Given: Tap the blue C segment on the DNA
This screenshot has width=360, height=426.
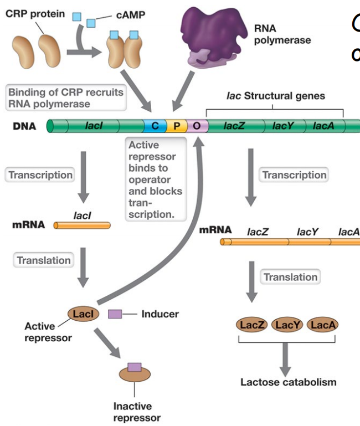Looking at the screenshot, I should [x=155, y=126].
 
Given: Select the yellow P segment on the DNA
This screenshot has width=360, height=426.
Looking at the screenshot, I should [x=177, y=126].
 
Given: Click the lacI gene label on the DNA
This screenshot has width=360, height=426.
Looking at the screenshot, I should [x=94, y=126].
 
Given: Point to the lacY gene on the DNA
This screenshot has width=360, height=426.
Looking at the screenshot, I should [x=284, y=126].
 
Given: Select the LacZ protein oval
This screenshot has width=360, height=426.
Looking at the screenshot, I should [x=250, y=325].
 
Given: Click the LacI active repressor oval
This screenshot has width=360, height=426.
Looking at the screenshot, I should [x=84, y=314].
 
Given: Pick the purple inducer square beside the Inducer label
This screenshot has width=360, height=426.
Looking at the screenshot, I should [x=115, y=314].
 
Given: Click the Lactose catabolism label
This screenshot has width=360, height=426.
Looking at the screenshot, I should [x=288, y=382].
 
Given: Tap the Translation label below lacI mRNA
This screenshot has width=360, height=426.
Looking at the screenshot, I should [x=44, y=260].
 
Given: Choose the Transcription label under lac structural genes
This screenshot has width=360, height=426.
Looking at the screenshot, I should [x=294, y=175].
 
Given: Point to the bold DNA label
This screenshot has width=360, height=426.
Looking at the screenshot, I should [x=24, y=126].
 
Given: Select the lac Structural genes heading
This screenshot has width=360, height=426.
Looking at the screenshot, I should [x=275, y=96].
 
